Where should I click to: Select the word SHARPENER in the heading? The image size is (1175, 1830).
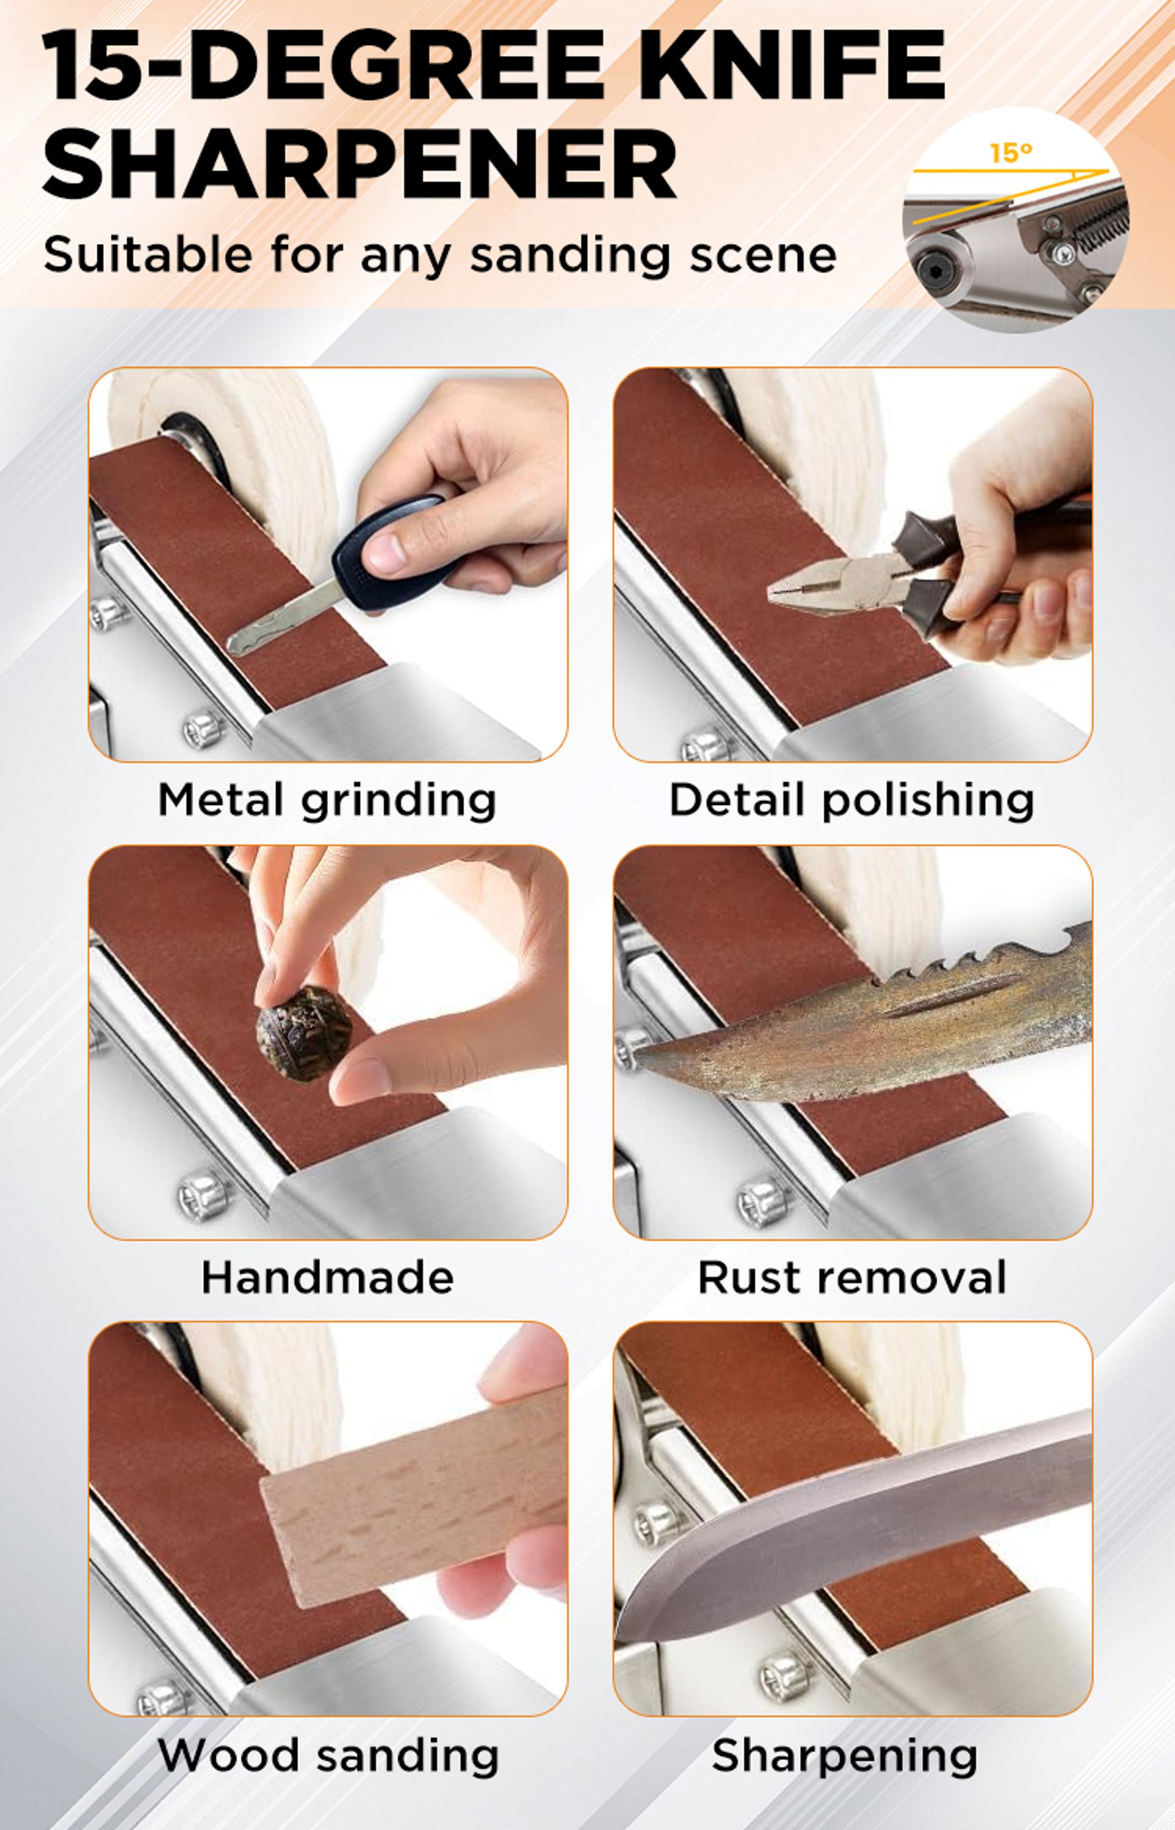tap(359, 163)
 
